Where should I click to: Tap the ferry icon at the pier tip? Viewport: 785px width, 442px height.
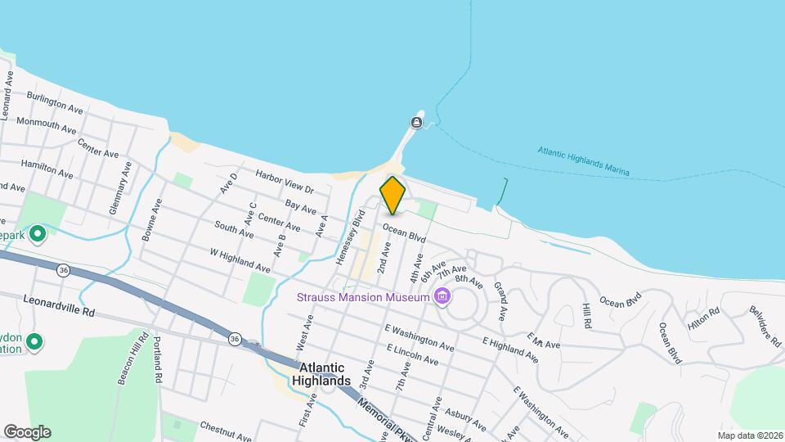click(x=417, y=123)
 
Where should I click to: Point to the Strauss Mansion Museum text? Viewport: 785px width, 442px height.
click(x=363, y=297)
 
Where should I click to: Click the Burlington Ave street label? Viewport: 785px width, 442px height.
click(x=55, y=102)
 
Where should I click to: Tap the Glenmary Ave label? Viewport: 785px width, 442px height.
click(x=120, y=188)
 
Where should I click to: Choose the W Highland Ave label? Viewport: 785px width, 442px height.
click(x=240, y=261)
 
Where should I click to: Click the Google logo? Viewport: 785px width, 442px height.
click(x=27, y=432)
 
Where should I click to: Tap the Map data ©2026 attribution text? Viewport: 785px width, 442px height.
click(x=749, y=435)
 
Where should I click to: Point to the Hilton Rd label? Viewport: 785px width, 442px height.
click(x=703, y=318)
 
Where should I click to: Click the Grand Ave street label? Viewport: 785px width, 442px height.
click(x=500, y=303)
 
